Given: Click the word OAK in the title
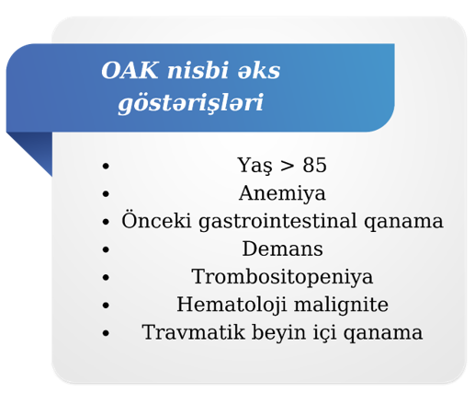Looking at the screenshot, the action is pyautogui.click(x=130, y=70).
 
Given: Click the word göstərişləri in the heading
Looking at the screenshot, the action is pyautogui.click(x=190, y=103).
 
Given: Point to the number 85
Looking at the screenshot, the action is pyautogui.click(x=314, y=165).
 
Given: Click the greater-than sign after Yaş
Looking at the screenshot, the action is pyautogui.click(x=287, y=166).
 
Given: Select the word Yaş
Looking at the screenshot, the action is pyautogui.click(x=254, y=166).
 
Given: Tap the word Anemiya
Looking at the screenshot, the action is pyautogui.click(x=282, y=193).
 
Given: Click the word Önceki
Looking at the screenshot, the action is pyautogui.click(x=156, y=220).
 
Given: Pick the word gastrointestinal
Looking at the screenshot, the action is pyautogui.click(x=277, y=221).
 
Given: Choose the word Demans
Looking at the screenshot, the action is pyautogui.click(x=282, y=249).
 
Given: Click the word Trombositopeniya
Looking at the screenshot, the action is pyautogui.click(x=282, y=277).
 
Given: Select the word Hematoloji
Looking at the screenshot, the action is pyautogui.click(x=232, y=305).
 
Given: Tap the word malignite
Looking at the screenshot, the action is pyautogui.click(x=341, y=305).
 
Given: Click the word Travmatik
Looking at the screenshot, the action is pyautogui.click(x=193, y=332).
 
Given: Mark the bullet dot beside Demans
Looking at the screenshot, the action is pyautogui.click(x=106, y=249).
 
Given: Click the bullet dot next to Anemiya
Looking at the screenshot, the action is pyautogui.click(x=106, y=194).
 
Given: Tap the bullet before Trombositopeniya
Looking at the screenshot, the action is pyautogui.click(x=106, y=277).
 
